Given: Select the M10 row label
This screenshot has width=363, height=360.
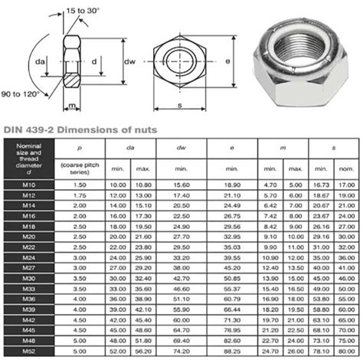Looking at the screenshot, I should coord(25,185).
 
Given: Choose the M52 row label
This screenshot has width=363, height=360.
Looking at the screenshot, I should coord(25,351).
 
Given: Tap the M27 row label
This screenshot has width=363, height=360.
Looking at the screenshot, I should coord(25,268).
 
